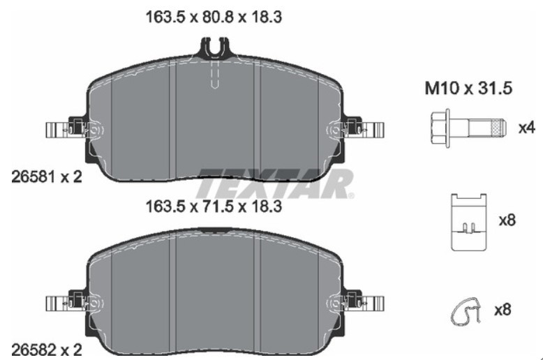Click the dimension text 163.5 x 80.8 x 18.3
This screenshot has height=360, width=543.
[x=214, y=17]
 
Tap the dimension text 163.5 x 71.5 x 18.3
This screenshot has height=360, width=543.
[x=214, y=207]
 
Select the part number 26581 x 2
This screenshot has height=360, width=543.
[x=47, y=177]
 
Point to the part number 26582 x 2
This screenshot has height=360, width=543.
[x=47, y=350]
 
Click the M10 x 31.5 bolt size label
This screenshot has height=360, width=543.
[x=468, y=89]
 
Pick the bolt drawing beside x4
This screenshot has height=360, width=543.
[x=469, y=128]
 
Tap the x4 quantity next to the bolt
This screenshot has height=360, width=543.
[x=526, y=128]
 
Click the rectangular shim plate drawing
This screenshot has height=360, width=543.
[x=468, y=222]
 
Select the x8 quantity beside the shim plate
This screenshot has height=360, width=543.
[x=507, y=220]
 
